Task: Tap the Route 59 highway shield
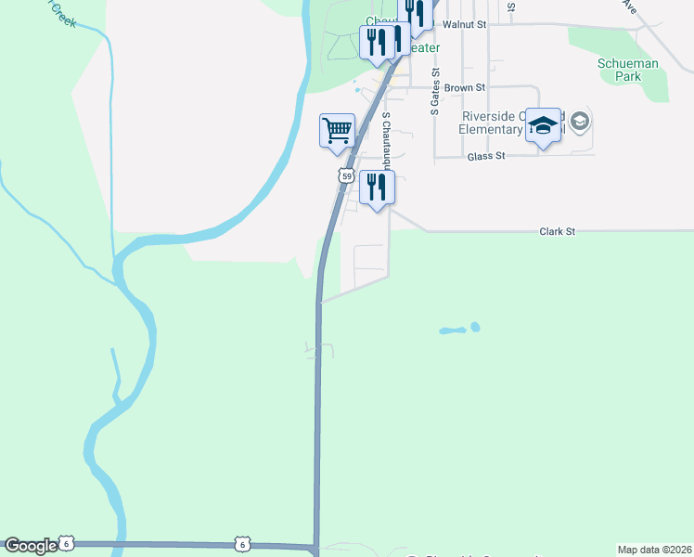[x=346, y=175]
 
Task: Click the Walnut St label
[x=465, y=23]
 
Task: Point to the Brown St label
[x=465, y=87]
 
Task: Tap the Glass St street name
[x=485, y=156]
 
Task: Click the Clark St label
[x=558, y=230]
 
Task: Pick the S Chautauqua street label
[x=386, y=139]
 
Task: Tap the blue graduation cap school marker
[x=544, y=128]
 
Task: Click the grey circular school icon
[x=581, y=121]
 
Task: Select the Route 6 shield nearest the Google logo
[x=65, y=542]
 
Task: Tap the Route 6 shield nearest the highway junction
[x=242, y=543]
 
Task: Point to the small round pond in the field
[x=475, y=327]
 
